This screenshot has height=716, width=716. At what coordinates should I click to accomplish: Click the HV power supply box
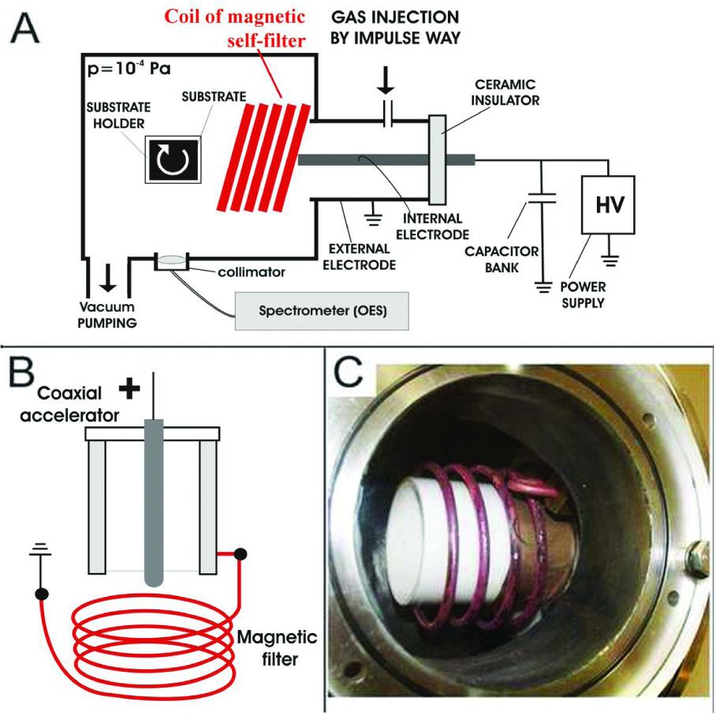click(x=610, y=204)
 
